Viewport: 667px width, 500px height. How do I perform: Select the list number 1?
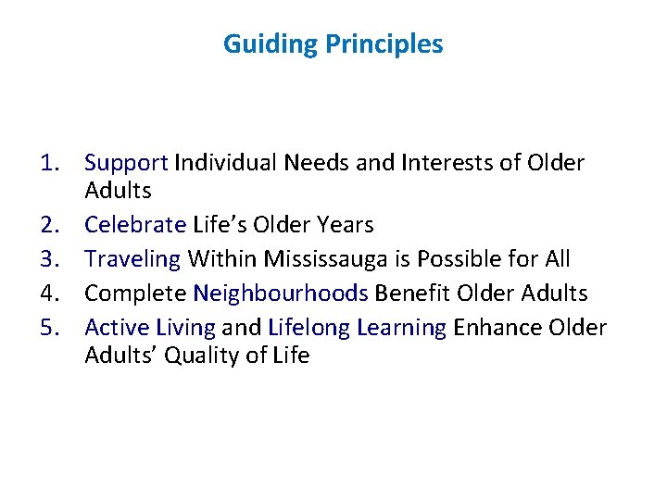tap(50, 164)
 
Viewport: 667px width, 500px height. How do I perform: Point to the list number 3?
tap(50, 259)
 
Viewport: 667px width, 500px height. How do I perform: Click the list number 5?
tap(50, 328)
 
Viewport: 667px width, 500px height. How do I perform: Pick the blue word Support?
tap(126, 164)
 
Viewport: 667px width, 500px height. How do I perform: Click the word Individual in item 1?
tap(225, 164)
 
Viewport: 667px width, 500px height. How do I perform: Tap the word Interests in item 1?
tap(445, 164)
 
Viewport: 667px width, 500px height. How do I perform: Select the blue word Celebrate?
tap(135, 225)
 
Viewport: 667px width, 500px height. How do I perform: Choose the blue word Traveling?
tap(132, 259)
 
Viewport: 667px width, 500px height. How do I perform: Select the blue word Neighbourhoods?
tap(281, 294)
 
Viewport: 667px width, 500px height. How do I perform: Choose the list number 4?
tap(50, 294)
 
